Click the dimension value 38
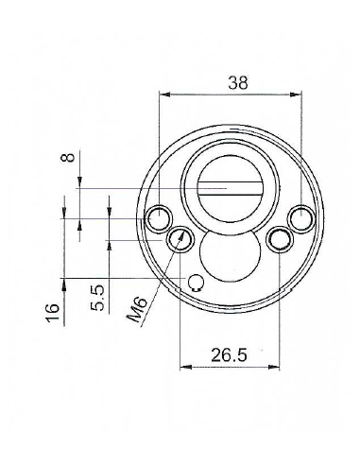click(x=238, y=82)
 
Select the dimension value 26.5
click(x=229, y=355)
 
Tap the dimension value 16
click(x=53, y=312)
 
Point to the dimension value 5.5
click(x=97, y=298)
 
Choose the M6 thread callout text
click(x=137, y=310)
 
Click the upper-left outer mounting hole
click(x=159, y=218)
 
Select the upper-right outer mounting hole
click(x=301, y=219)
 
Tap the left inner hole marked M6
click(x=180, y=239)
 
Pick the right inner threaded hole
click(x=280, y=239)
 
